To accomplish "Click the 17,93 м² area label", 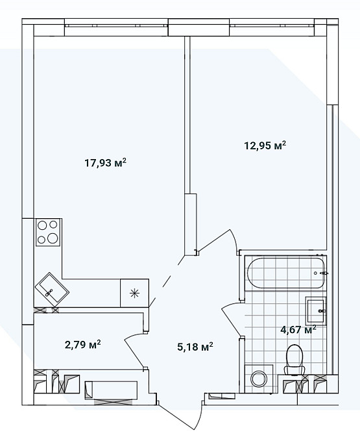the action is (106, 163).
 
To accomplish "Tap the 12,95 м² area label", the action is (265, 145).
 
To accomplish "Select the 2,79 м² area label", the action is (82, 345).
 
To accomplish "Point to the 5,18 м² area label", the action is (195, 347).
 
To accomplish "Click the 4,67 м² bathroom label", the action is (298, 330).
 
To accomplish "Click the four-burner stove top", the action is (47, 232).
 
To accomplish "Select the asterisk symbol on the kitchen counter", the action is (134, 293).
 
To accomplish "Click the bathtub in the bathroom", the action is (285, 273).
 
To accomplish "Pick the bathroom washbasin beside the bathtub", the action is (316, 310).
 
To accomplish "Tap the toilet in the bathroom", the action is (294, 360).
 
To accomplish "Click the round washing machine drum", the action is (258, 379).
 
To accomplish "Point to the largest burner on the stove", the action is (53, 238).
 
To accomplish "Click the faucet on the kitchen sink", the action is (49, 292).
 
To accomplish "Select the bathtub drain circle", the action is (315, 273).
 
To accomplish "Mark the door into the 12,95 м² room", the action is (213, 240).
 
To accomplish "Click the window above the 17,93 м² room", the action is (116, 26).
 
